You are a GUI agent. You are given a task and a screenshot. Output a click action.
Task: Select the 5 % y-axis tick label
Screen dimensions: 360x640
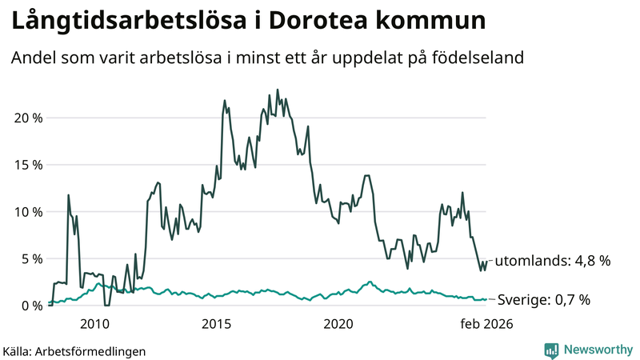coord(30,258)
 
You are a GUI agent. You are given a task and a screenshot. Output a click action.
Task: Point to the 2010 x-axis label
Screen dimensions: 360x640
coord(94,324)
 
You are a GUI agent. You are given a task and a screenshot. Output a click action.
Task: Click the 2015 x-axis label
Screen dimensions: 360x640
coord(216,324)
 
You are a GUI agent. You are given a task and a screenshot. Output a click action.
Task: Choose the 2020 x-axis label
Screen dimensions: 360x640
coord(338,324)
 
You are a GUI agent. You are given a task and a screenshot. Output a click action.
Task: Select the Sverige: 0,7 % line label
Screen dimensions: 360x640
coord(544,300)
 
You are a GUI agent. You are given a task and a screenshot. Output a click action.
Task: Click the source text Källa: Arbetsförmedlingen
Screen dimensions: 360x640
coord(74,350)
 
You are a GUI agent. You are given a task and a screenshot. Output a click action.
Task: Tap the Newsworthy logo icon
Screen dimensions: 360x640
coord(551,350)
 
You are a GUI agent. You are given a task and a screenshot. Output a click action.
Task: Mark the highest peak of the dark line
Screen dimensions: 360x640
coord(278,90)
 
